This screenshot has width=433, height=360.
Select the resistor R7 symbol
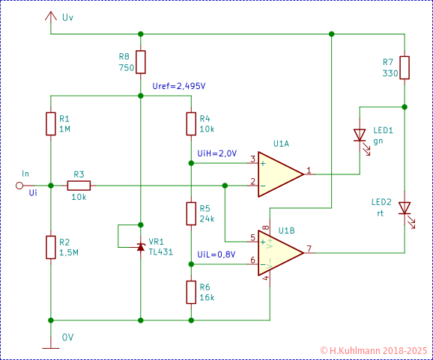tap(405, 68)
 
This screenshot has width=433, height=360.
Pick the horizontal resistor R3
tap(79, 185)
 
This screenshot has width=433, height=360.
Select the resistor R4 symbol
tap(191, 123)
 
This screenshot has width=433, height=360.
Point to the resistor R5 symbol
tap(191, 213)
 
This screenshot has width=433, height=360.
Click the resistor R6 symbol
tap(191, 290)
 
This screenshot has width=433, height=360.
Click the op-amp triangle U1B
tap(279, 251)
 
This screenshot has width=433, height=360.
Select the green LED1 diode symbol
tap(360, 136)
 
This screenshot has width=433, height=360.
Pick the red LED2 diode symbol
tap(405, 208)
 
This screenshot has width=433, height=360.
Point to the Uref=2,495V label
tap(178, 86)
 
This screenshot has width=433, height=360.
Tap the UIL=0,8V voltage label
tap(216, 254)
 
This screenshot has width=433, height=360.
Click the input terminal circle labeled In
tap(20, 185)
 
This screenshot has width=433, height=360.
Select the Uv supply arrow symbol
tap(50, 16)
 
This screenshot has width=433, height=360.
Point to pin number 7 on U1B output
tap(309, 248)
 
